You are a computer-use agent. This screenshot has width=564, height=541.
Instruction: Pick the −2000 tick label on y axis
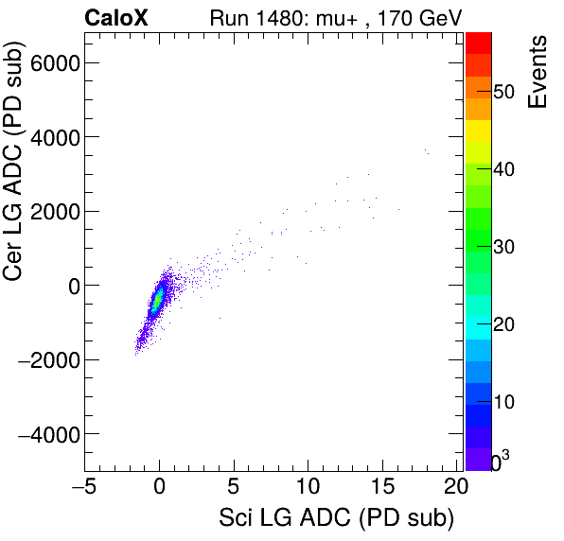[x=47, y=359]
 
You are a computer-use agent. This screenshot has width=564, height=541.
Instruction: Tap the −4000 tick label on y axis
[x=47, y=434]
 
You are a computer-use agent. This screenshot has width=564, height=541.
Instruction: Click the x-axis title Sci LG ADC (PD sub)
[x=336, y=519]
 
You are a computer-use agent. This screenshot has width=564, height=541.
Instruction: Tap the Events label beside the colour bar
[x=538, y=73]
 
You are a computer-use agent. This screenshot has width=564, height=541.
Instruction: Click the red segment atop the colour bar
[x=478, y=42]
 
